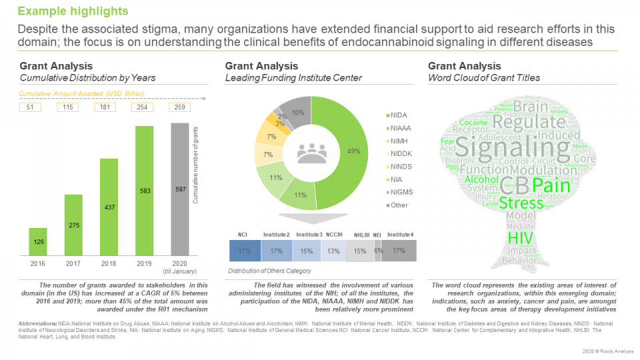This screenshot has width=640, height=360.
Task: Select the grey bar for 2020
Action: point(180,193)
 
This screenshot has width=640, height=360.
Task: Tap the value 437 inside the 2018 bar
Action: point(109,207)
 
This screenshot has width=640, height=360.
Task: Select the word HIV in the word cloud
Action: point(521,237)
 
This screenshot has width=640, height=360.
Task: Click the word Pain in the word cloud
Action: point(551,185)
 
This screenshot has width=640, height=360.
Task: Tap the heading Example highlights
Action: point(73,12)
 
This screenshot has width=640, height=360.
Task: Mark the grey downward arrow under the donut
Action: point(308,219)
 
